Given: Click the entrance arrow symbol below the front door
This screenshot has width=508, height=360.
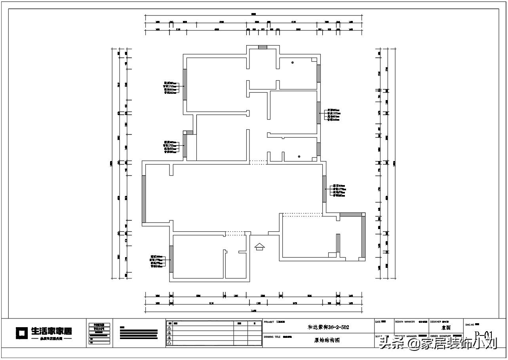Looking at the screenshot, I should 260,246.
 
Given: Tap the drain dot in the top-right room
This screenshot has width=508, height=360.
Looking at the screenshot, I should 292,63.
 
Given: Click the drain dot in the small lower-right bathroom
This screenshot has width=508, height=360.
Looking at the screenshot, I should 299,157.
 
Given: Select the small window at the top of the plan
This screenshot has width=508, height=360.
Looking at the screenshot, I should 263,47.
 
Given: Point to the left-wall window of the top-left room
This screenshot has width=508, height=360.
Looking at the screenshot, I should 185,81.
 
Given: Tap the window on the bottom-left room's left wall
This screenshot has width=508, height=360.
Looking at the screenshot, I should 171,259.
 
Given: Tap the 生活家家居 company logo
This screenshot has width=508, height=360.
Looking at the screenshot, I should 44,333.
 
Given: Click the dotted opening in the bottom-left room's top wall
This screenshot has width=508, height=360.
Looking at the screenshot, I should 235,233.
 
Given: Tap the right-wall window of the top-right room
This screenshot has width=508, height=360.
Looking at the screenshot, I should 319,73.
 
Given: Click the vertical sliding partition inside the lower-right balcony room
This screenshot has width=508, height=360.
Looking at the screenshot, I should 338,243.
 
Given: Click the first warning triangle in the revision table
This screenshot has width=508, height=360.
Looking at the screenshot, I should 169,328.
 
